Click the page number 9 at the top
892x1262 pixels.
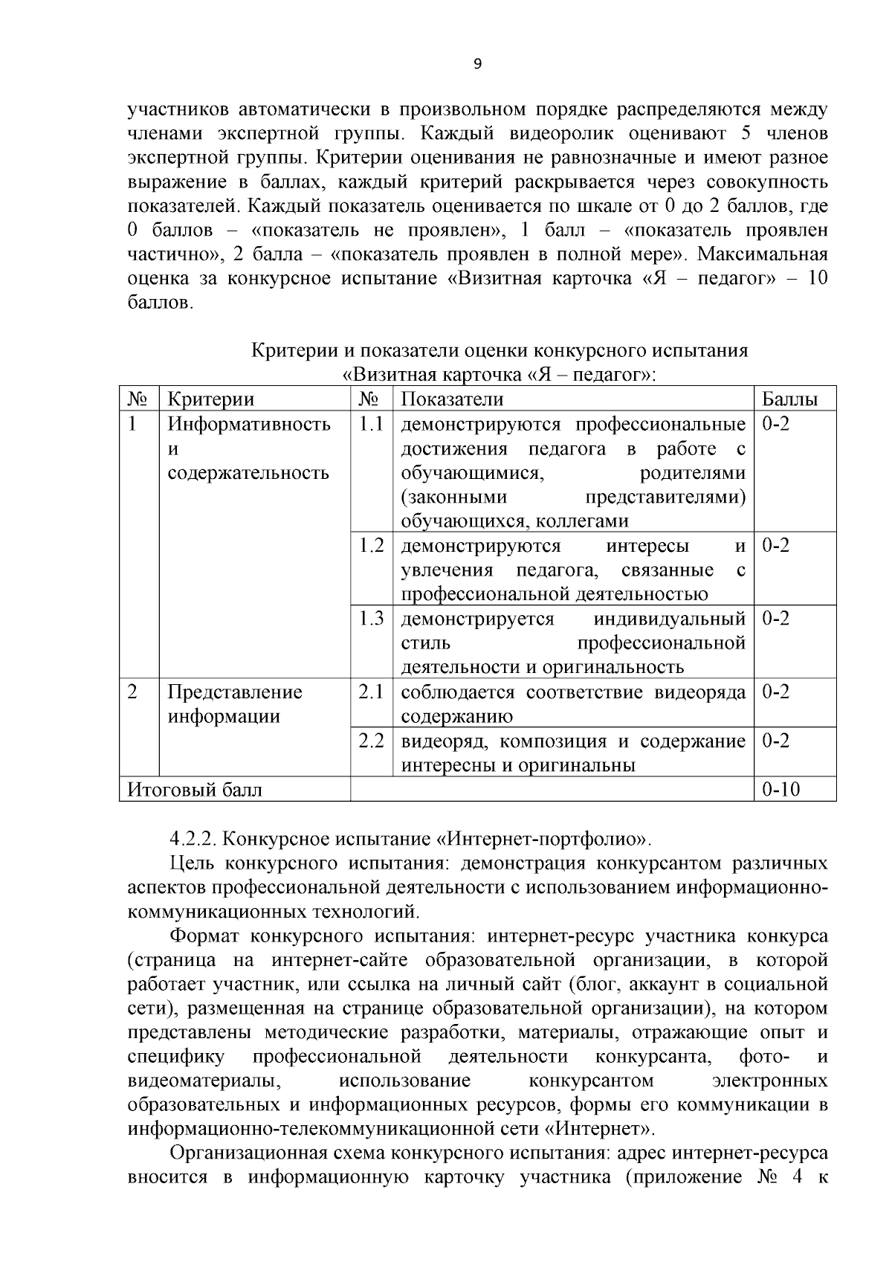click(x=477, y=64)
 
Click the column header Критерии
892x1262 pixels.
click(x=211, y=399)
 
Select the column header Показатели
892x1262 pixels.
click(x=452, y=399)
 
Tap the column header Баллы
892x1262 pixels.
click(x=790, y=399)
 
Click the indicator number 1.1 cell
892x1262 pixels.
click(x=371, y=424)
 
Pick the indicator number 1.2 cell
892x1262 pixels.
click(x=371, y=546)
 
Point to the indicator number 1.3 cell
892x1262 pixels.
click(x=371, y=619)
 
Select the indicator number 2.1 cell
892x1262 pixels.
click(x=371, y=692)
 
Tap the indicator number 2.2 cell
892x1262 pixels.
click(x=371, y=741)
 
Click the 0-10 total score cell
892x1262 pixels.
click(x=781, y=789)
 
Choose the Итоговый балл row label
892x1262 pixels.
click(x=195, y=789)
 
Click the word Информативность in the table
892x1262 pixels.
click(x=248, y=424)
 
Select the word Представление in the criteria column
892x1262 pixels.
click(x=234, y=692)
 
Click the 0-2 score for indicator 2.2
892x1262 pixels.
click(x=776, y=741)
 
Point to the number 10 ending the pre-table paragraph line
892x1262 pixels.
click(x=817, y=279)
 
